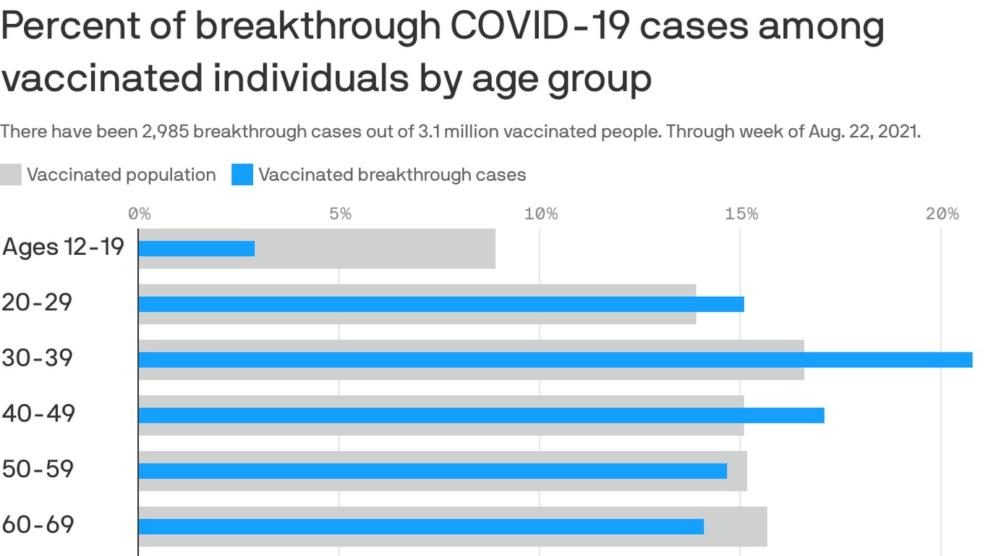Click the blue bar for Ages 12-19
click(196, 248)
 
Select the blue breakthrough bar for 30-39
click(555, 360)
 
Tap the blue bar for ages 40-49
click(481, 416)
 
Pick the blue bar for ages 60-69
click(421, 526)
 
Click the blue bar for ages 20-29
click(440, 304)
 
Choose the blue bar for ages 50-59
click(433, 471)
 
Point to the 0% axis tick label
click(139, 214)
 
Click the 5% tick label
click(340, 214)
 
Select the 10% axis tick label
click(540, 214)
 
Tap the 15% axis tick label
click(741, 214)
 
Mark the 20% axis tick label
click(942, 214)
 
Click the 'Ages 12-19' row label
click(63, 247)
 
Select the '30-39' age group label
click(37, 358)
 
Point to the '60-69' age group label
click(38, 525)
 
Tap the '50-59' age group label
click(38, 469)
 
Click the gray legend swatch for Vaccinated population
click(11, 174)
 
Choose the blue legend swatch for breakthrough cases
click(242, 174)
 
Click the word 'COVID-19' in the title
click(532, 27)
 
